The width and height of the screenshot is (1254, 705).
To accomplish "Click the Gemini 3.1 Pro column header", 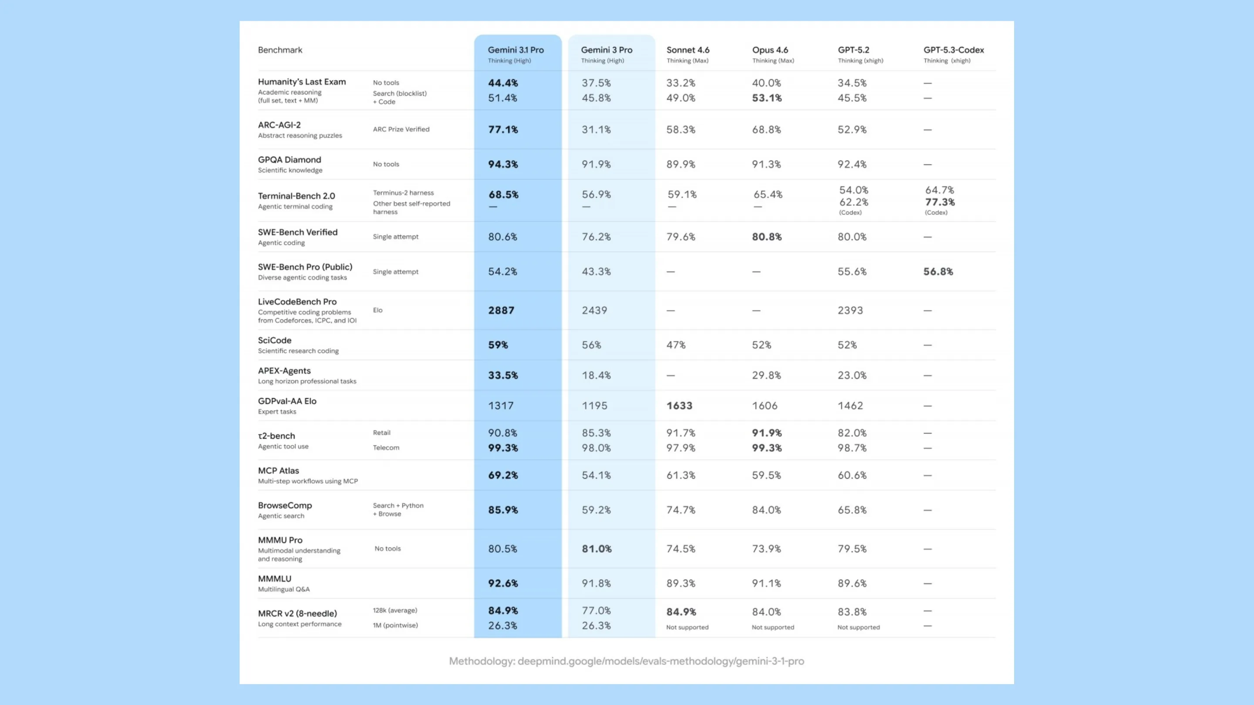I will click(516, 50).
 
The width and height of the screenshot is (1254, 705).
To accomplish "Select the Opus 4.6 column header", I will click(770, 50).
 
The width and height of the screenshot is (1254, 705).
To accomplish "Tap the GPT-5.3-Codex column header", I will click(953, 50).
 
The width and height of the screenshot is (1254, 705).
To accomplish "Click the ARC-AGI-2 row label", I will click(280, 125).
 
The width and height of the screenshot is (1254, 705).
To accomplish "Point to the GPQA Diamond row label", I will click(289, 160).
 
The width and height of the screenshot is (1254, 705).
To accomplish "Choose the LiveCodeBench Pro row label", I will click(297, 302).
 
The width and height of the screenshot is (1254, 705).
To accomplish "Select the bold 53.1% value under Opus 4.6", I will click(766, 98).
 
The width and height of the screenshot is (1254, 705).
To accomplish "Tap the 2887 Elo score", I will click(501, 310).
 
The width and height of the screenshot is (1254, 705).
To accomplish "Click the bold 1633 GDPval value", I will click(679, 406).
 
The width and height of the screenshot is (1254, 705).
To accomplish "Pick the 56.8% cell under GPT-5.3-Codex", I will click(938, 272).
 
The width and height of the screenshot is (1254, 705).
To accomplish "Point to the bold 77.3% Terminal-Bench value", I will click(940, 202).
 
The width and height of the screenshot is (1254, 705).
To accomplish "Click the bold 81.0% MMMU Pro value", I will click(597, 549).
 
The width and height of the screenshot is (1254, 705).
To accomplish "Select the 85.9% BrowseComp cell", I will click(503, 510).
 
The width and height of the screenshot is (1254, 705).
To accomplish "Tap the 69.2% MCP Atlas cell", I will click(503, 475).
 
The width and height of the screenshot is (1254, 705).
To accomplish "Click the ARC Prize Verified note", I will click(401, 129).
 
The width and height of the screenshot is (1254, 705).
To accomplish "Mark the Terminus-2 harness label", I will click(403, 193).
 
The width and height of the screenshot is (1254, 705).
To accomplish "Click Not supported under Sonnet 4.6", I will click(687, 628).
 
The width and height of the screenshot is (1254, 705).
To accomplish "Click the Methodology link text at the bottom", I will click(627, 661).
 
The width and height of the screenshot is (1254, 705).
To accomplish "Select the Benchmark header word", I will click(280, 50).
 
